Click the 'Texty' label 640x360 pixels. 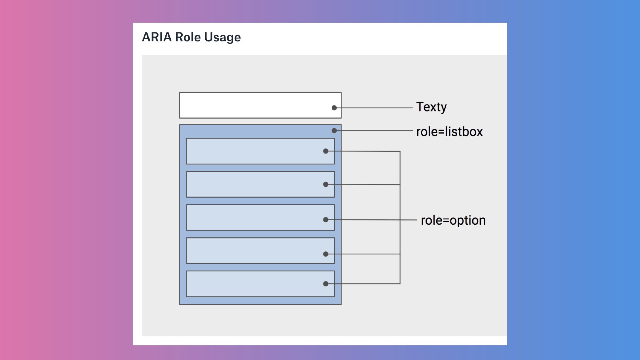click(x=431, y=107)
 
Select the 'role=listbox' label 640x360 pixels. click(x=449, y=132)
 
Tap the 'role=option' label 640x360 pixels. click(x=453, y=221)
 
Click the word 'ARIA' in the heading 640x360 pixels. click(x=157, y=37)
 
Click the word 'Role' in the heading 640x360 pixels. click(x=188, y=37)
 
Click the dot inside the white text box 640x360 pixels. click(x=334, y=108)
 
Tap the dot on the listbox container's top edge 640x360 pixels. click(x=334, y=131)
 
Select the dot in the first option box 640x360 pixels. click(x=326, y=151)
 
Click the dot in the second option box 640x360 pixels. click(x=326, y=184)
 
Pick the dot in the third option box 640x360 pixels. click(x=326, y=220)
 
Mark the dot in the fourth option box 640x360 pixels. click(x=326, y=254)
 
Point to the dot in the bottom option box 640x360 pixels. click(x=326, y=284)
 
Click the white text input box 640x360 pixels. click(x=260, y=105)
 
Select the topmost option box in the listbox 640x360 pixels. click(x=260, y=151)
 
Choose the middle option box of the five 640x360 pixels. click(x=260, y=217)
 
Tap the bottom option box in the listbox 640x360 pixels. click(x=260, y=284)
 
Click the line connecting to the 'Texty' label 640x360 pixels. click(x=373, y=108)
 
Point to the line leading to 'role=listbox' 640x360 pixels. click(x=373, y=131)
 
